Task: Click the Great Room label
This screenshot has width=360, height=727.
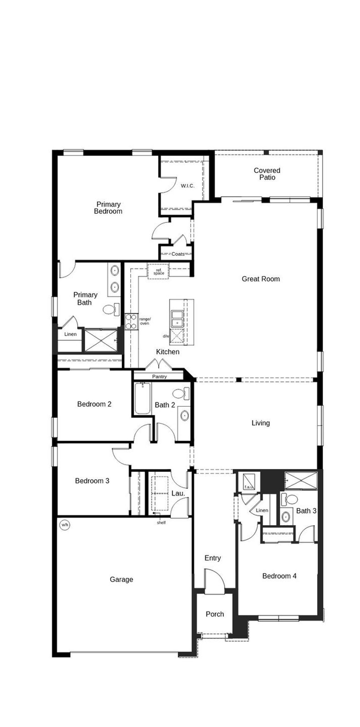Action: tap(260, 279)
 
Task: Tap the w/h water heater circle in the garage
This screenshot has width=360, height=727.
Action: tap(65, 525)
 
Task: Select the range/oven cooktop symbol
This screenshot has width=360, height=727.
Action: tap(131, 321)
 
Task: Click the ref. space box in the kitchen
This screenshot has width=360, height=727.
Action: tap(159, 271)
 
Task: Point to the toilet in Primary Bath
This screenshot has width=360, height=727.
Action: tap(111, 309)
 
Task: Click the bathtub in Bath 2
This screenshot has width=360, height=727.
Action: tap(143, 398)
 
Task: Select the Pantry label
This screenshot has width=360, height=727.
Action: tap(159, 377)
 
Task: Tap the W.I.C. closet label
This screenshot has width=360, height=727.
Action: tap(188, 186)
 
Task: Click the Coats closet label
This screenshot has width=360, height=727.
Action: tap(178, 254)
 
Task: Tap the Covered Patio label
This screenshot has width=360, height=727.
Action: tap(267, 174)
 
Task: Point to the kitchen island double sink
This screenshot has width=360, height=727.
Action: tap(177, 319)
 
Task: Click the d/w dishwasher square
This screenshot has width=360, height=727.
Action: tap(176, 336)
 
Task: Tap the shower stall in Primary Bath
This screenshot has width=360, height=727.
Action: tap(101, 340)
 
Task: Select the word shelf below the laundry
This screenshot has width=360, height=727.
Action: tap(161, 523)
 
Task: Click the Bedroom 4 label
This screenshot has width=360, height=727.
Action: tap(279, 576)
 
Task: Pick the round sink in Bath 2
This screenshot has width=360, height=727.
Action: tap(184, 416)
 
